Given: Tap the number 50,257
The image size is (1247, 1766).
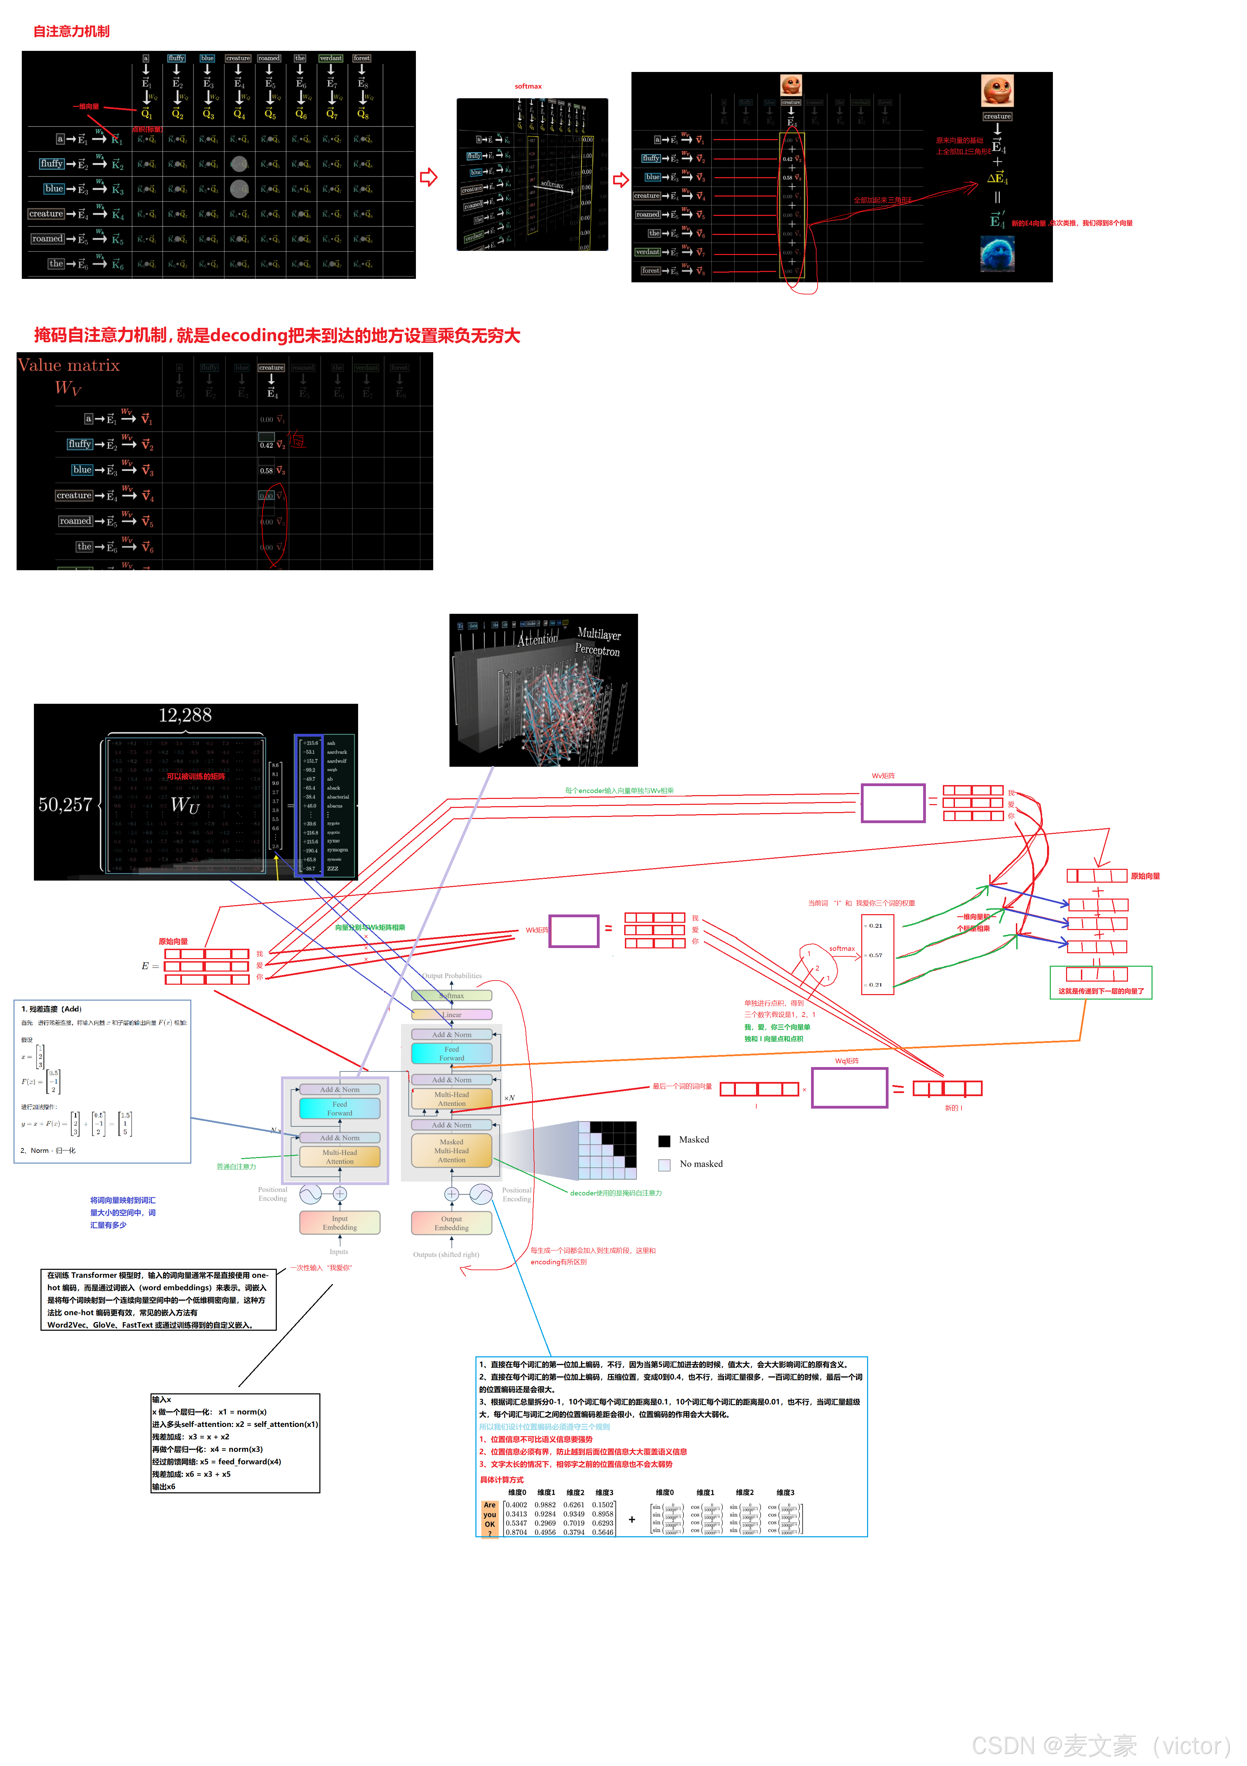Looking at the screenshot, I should coord(65,804).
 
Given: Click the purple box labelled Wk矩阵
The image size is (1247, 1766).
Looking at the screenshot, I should coord(574,931).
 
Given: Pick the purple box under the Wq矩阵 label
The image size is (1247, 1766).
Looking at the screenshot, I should coord(849,1087).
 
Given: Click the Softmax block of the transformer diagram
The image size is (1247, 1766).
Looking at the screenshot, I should coord(452,995).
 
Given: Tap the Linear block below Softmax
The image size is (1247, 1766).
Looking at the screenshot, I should coord(452,1014).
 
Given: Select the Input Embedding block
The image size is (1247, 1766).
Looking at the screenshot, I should coord(339,1222).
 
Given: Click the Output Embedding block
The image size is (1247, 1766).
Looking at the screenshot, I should coord(452,1222).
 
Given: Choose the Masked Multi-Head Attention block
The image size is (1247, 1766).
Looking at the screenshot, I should coord(452,1151).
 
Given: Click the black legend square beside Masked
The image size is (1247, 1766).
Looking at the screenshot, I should coord(665,1141).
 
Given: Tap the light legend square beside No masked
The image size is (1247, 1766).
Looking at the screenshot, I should coord(665,1165).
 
